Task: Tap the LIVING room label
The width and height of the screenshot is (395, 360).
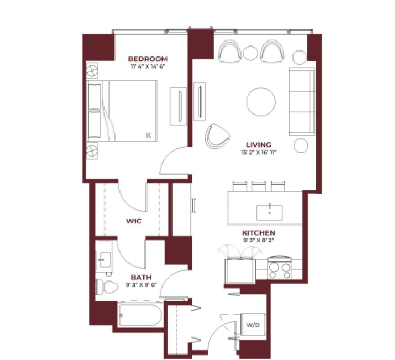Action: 259,145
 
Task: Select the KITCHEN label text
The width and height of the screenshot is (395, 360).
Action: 259,233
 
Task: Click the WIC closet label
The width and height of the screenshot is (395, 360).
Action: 135,221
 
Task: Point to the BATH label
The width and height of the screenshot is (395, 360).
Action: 141,277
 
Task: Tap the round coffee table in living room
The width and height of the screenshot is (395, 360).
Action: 260,102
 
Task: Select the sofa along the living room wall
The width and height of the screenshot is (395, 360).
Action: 301,102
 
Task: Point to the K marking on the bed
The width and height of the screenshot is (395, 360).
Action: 148,134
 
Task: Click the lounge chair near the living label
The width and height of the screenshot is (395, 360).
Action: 218,135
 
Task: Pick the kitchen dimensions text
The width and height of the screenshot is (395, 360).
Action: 259,240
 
